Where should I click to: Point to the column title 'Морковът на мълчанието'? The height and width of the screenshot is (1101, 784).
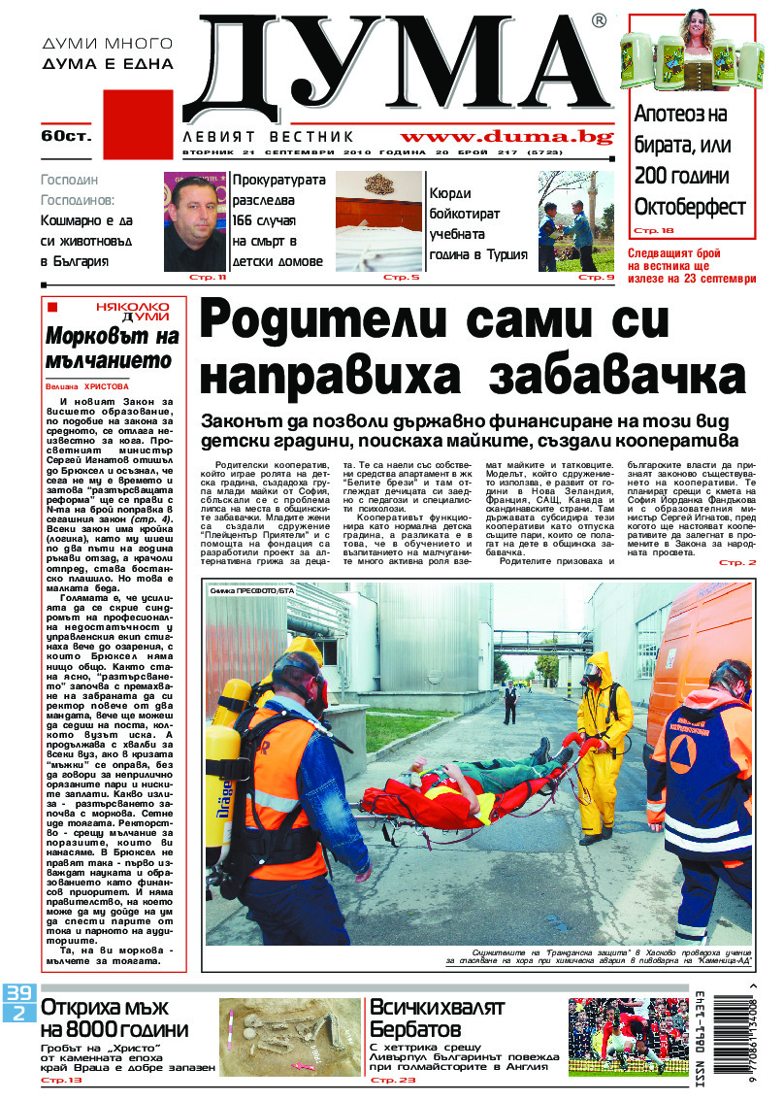point(113,349)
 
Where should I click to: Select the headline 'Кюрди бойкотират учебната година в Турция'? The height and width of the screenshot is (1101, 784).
point(478,224)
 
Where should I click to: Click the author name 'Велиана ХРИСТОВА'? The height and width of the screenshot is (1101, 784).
point(85,384)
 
